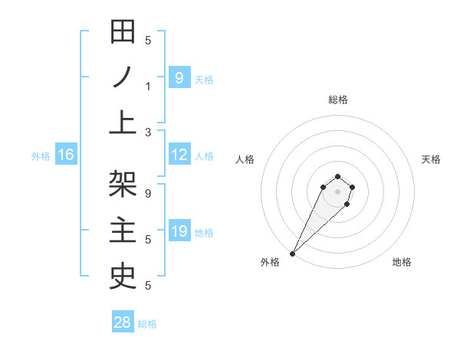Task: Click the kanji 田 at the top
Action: coord(123,34)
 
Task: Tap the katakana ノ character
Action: coord(123,77)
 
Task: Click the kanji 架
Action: coord(123,185)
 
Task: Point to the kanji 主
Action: coord(123,230)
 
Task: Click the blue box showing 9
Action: coord(179,78)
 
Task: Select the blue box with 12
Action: coord(179,155)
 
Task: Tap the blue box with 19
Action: coord(179,231)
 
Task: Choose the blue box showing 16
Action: coord(65,155)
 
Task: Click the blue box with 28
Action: coord(122,322)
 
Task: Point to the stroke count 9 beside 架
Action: coord(148,194)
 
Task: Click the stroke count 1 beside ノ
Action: coord(148,86)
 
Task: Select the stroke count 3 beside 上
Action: coord(148,132)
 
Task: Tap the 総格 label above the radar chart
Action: coord(337,100)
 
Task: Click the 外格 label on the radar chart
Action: coord(270,262)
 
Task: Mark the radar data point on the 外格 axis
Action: coord(293,253)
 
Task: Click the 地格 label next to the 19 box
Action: coord(204,232)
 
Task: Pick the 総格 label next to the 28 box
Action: coord(147,323)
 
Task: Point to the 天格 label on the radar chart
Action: coord(431,159)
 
